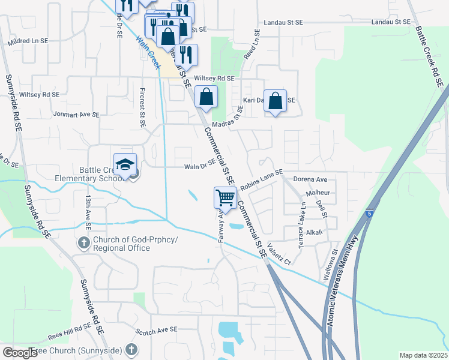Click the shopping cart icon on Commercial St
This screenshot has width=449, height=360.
coord(225,197)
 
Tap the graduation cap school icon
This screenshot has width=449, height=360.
coord(125,164)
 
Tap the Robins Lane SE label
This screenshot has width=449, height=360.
coord(261,180)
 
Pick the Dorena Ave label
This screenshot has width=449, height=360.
coord(310,179)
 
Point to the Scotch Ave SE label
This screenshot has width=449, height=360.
coord(157,331)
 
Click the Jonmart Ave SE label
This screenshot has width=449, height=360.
coord(75,113)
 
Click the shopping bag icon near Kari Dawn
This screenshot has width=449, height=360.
coord(275,101)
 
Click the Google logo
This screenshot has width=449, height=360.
coord(20,353)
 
